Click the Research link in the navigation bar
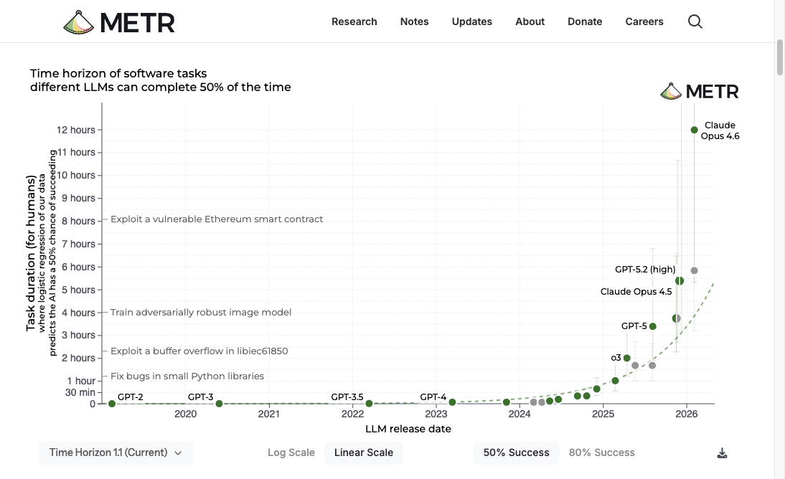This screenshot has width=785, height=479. (354, 22)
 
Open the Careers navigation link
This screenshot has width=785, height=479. (644, 22)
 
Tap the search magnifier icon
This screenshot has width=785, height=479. (695, 22)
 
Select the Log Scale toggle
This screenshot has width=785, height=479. (291, 452)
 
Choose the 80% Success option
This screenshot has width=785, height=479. (601, 452)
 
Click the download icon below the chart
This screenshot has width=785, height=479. (722, 453)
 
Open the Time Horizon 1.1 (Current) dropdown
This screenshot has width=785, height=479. (116, 452)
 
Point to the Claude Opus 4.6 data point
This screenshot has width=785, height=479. (694, 130)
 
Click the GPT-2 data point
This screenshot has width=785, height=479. (112, 404)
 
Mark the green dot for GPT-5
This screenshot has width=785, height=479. (652, 326)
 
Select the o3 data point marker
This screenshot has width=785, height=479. (626, 358)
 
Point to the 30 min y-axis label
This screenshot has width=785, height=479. (81, 392)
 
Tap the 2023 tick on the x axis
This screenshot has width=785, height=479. (436, 414)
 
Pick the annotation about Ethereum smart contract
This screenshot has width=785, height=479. (217, 219)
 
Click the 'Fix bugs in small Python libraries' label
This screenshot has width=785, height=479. (187, 376)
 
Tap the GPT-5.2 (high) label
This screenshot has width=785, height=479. (645, 270)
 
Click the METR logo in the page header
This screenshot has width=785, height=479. (119, 22)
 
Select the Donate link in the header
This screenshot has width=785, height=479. (584, 22)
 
